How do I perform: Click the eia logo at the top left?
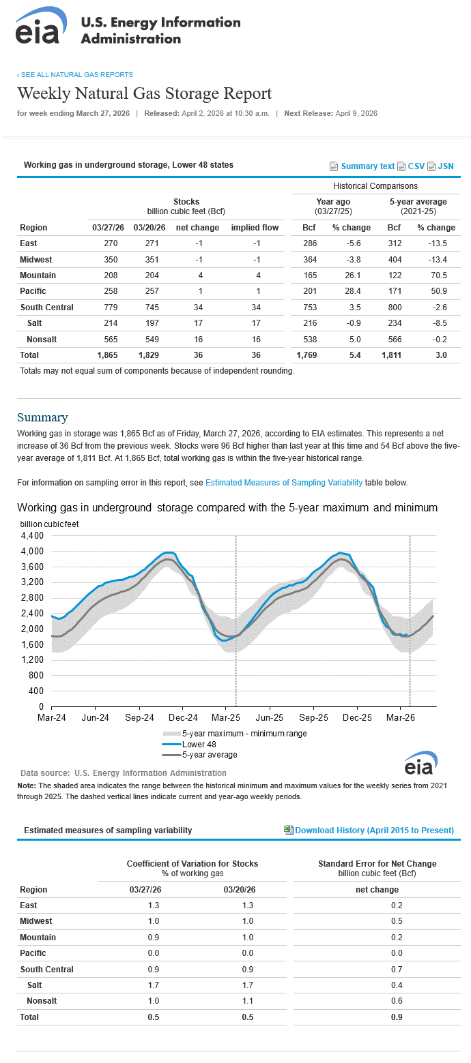[x=41, y=26]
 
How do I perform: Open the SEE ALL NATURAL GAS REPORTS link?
[x=75, y=74]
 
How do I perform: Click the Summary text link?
[x=368, y=166]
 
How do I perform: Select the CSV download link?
[x=416, y=166]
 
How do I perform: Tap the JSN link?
[x=446, y=166]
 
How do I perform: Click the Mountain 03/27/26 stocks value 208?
[x=111, y=275]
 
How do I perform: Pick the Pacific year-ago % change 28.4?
[x=353, y=291]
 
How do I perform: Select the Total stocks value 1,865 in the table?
[x=107, y=355]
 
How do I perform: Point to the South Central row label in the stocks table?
[x=47, y=307]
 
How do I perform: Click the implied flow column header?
[x=255, y=227]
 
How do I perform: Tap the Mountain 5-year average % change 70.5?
[x=439, y=275]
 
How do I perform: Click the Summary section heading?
[x=43, y=417]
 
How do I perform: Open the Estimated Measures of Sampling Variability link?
[x=284, y=483]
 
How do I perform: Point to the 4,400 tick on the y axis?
[x=32, y=535]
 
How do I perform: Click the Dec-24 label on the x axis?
[x=183, y=717]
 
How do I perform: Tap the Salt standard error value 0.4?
[x=397, y=985]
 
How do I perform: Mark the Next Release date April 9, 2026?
[x=356, y=113]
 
